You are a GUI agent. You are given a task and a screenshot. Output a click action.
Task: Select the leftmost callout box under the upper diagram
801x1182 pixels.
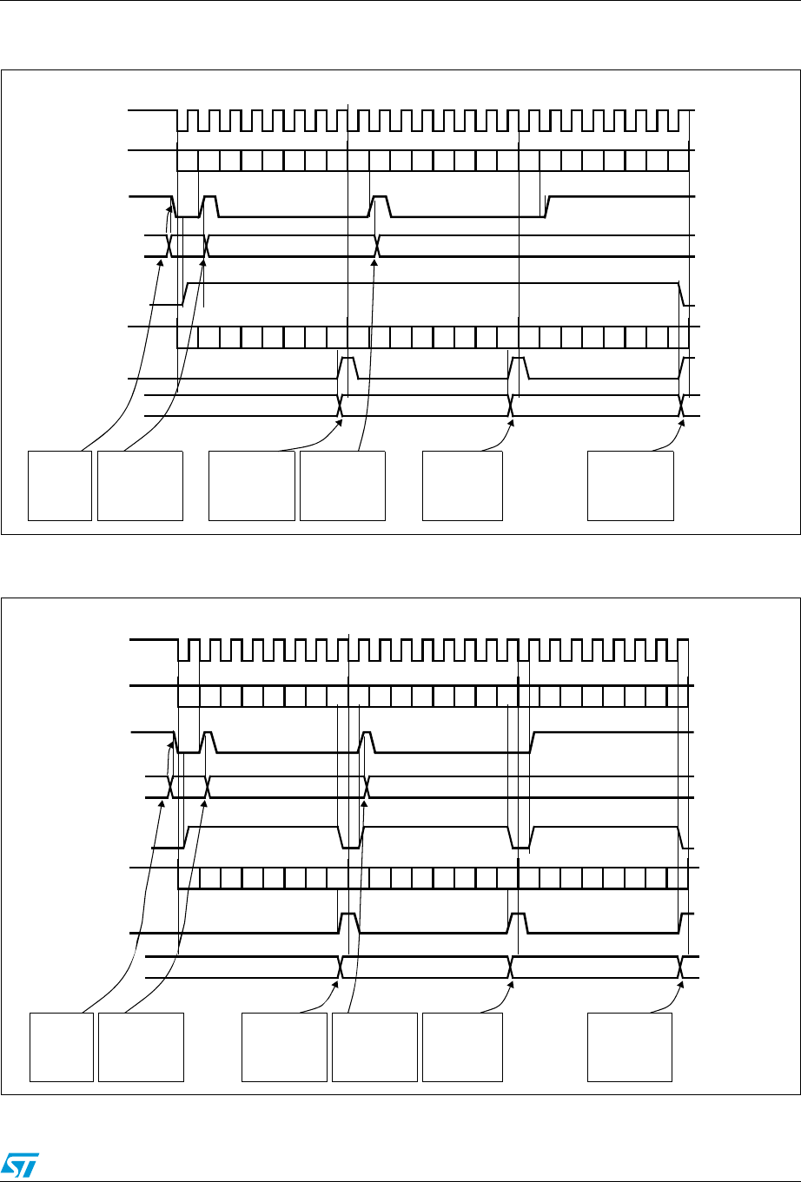pyautogui.click(x=61, y=485)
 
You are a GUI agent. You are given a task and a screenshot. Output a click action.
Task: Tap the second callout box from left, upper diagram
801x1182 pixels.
pyautogui.click(x=141, y=485)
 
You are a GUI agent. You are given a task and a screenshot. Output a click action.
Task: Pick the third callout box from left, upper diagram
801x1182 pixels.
pyautogui.click(x=252, y=485)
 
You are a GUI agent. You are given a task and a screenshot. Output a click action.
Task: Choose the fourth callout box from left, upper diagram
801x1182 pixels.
pyautogui.click(x=342, y=485)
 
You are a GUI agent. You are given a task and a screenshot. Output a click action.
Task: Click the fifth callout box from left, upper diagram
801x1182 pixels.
pyautogui.click(x=462, y=485)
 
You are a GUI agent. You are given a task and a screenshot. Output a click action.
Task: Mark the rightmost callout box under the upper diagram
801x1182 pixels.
pyautogui.click(x=631, y=485)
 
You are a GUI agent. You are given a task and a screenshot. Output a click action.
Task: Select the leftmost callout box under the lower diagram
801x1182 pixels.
pyautogui.click(x=62, y=1046)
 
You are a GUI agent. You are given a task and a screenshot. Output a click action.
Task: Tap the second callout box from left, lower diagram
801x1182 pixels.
pyautogui.click(x=142, y=1046)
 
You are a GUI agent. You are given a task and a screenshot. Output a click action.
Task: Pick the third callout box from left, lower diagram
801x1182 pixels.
pyautogui.click(x=284, y=1046)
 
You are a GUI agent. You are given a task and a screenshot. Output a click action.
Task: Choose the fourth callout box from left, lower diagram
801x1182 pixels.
pyautogui.click(x=374, y=1046)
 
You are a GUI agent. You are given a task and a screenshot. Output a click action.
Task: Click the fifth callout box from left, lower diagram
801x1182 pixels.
pyautogui.click(x=462, y=1046)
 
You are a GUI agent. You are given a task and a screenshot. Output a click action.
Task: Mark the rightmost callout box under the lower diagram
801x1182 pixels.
pyautogui.click(x=630, y=1046)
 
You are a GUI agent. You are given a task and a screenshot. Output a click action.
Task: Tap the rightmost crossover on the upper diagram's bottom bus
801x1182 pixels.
pyautogui.click(x=682, y=406)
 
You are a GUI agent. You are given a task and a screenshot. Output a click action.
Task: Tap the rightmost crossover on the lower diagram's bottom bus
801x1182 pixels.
pyautogui.click(x=682, y=967)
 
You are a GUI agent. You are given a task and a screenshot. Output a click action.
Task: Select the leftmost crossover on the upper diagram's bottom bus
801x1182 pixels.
pyautogui.click(x=341, y=406)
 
